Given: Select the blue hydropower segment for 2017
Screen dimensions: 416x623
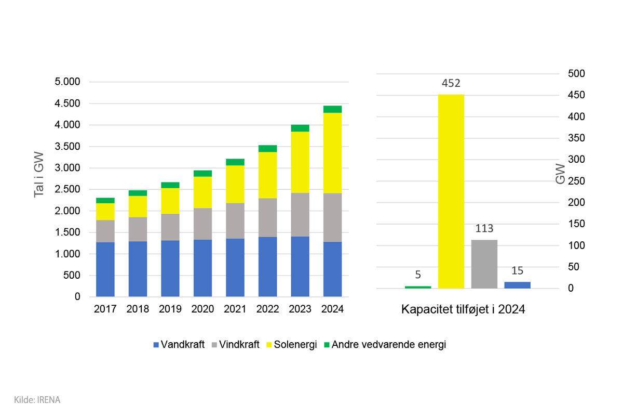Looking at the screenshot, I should coord(105,269).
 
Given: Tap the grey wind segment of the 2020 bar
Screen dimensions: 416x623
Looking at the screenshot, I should coord(202,224).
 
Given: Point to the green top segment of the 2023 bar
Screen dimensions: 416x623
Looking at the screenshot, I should coord(300,128).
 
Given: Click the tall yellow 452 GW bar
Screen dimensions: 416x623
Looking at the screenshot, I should coord(451,191).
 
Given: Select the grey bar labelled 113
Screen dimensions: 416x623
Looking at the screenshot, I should coord(484,264).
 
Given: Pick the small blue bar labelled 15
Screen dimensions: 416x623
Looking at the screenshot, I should coord(517,285).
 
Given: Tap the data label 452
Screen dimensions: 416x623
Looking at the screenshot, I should coord(451,84).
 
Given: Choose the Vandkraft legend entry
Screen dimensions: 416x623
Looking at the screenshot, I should coord(179,345).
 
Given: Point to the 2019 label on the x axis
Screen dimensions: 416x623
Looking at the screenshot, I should coord(170,309).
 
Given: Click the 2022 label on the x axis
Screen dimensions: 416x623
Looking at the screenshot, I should coord(267,309).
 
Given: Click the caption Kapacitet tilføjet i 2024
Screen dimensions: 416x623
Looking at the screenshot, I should coord(463,310).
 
